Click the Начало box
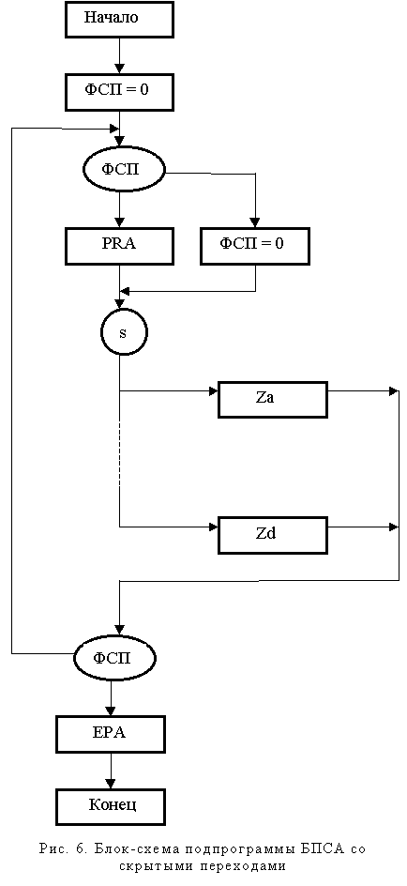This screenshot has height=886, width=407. tap(112, 18)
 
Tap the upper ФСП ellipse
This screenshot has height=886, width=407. tap(124, 169)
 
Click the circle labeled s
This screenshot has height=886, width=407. tap(123, 332)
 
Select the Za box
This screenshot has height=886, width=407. tap(273, 399)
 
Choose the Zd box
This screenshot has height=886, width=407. tap(273, 535)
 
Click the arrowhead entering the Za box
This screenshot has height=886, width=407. tap(214, 390)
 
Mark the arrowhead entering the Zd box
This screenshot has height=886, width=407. tap(214, 527)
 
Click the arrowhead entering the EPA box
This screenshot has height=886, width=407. tap(111, 710)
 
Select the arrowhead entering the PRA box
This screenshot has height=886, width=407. tap(119, 222)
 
